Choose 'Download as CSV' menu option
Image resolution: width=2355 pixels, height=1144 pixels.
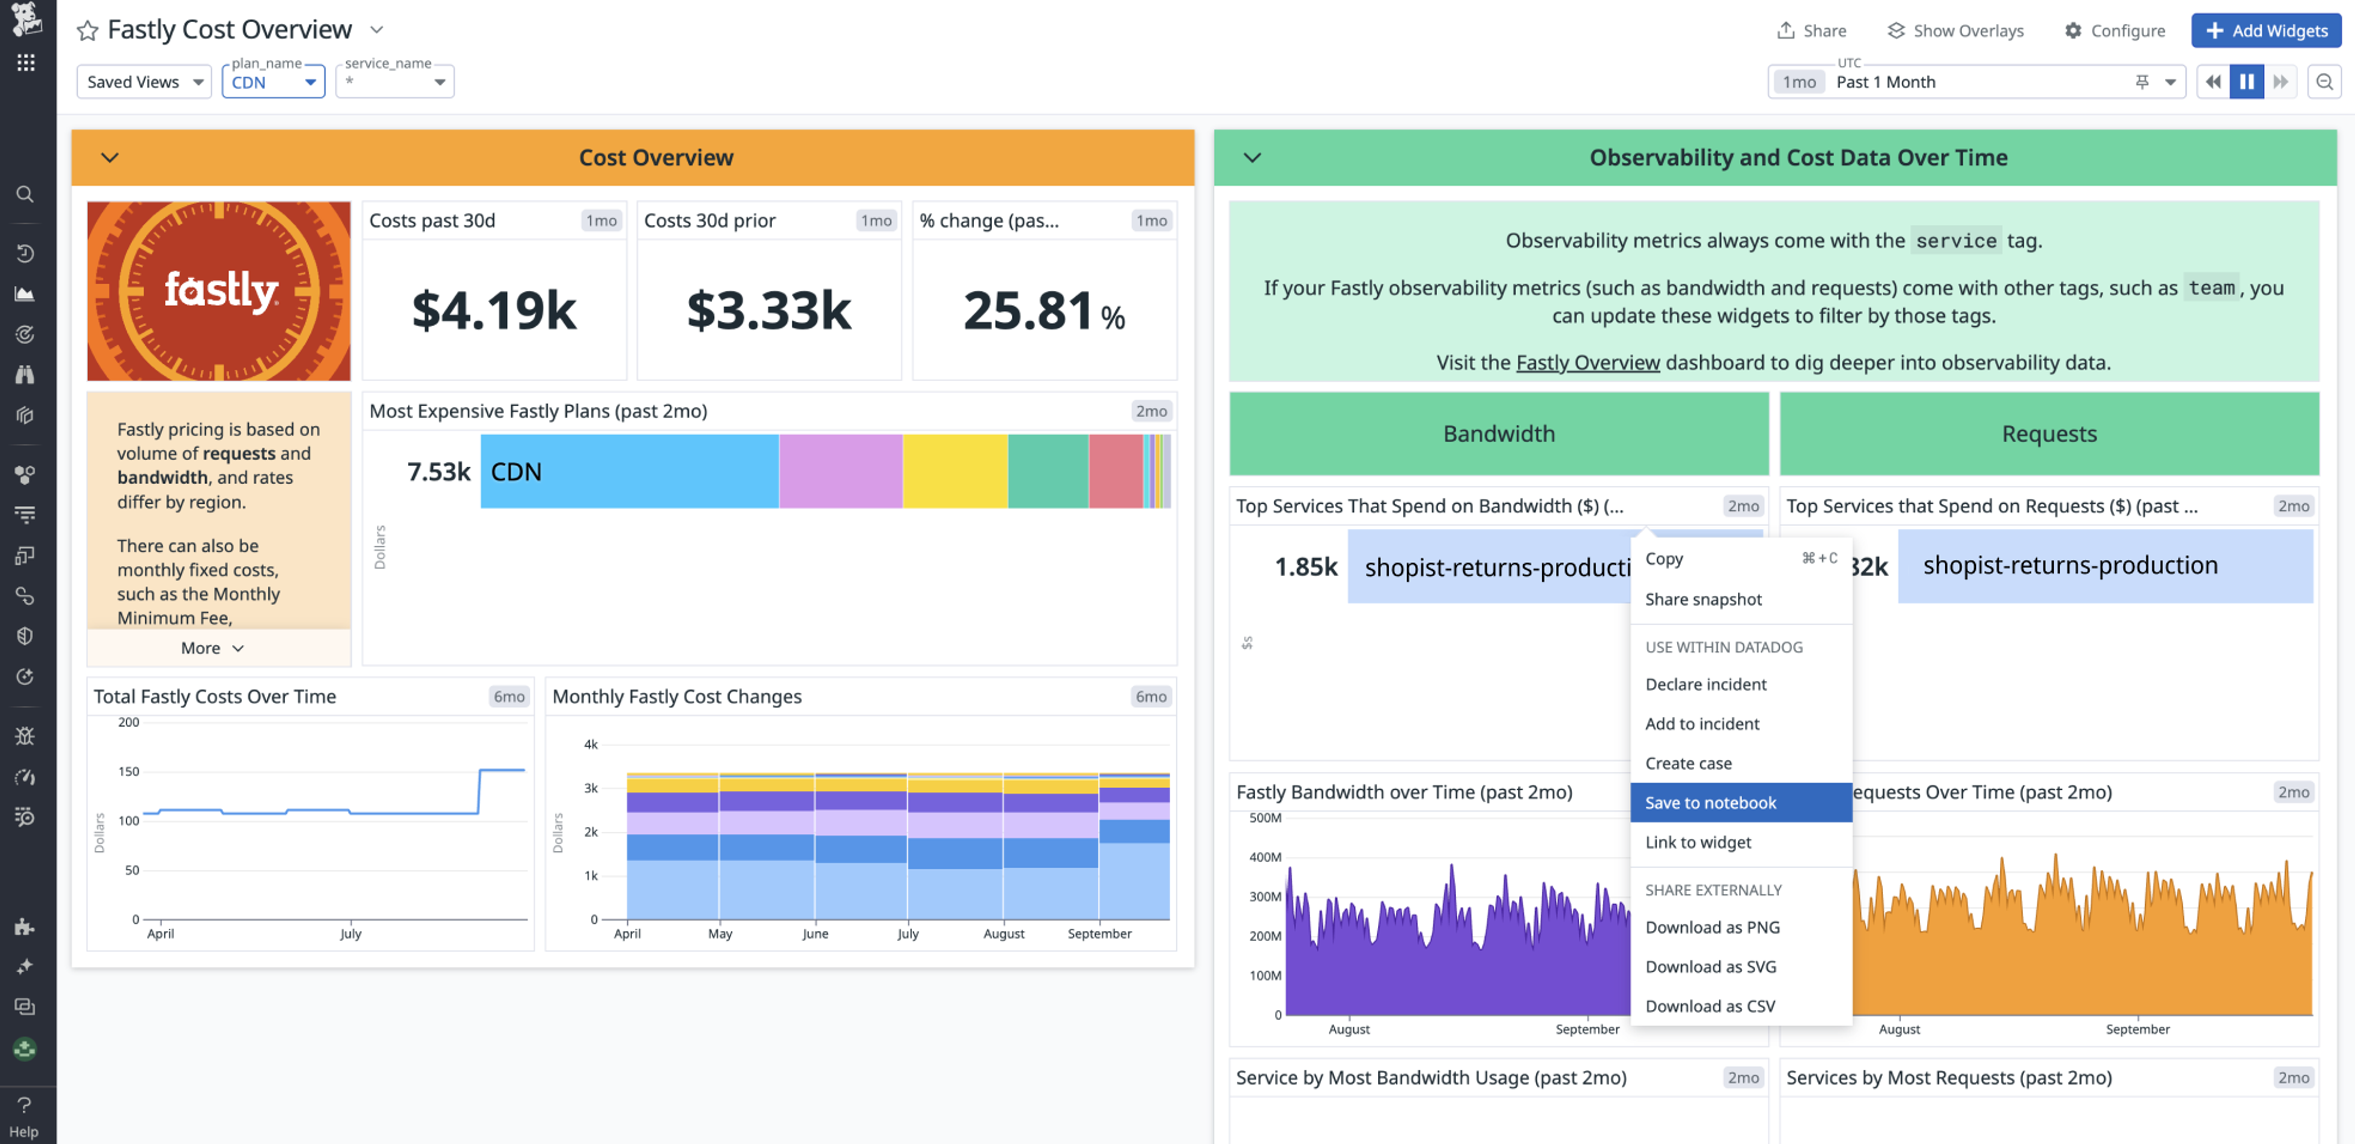(x=1710, y=1006)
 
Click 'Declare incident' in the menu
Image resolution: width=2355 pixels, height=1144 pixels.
(x=1705, y=684)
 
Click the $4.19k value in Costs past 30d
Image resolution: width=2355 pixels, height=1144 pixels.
(x=494, y=310)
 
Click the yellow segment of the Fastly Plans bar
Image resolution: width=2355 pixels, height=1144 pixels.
(x=954, y=471)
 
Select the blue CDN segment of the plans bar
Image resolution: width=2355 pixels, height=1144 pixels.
(x=629, y=471)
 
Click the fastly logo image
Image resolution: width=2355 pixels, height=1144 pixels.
(x=218, y=291)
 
